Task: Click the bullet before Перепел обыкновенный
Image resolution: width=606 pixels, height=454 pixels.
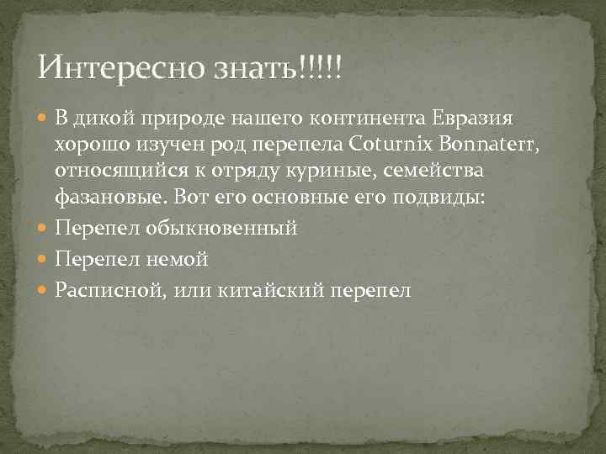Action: (x=44, y=229)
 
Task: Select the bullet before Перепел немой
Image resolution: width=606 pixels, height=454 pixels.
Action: (x=44, y=260)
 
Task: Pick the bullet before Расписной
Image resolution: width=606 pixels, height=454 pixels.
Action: (x=44, y=291)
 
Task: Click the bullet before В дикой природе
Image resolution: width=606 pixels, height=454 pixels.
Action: (x=44, y=117)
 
